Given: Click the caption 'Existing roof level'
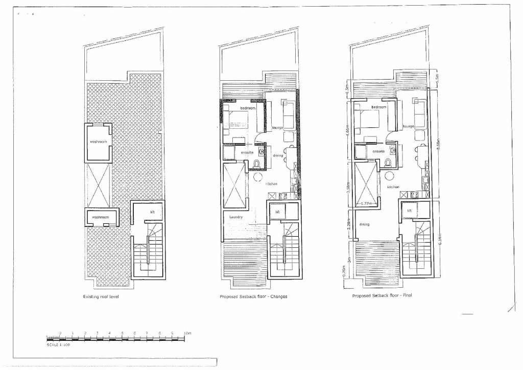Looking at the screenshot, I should [101, 296].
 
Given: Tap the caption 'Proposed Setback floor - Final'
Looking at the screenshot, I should [382, 295].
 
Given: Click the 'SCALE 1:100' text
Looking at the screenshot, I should [58, 345].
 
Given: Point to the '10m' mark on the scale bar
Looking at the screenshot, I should [187, 333].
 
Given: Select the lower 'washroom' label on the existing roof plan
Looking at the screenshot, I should [100, 217].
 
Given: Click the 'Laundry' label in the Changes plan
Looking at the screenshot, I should [236, 217].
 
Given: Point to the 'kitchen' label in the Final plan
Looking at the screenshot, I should [393, 187].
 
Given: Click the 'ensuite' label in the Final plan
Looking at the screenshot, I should [378, 151].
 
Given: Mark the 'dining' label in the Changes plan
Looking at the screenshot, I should [278, 155].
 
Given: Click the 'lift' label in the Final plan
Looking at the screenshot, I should [410, 211].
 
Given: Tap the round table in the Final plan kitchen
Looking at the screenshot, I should [390, 175].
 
